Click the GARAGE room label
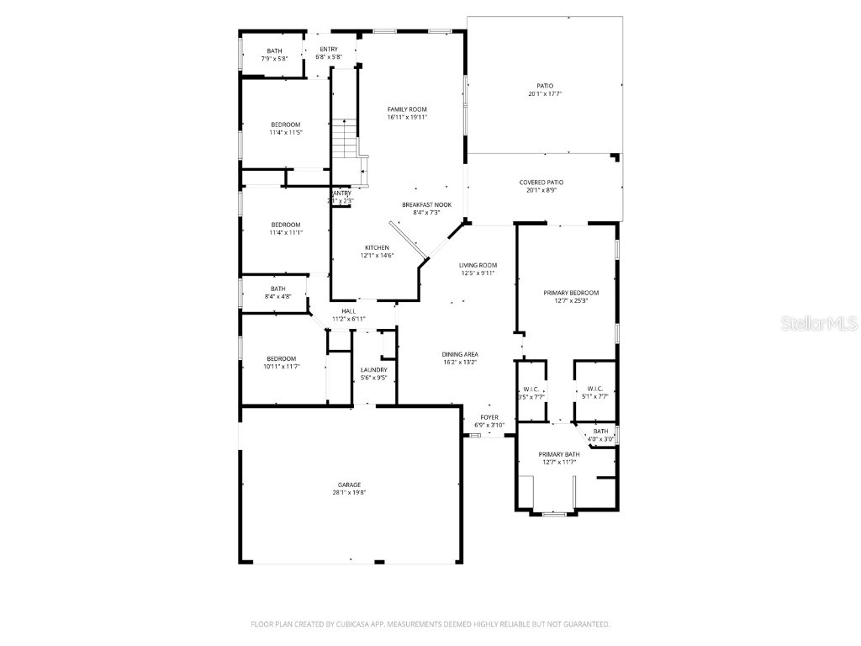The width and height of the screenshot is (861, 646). (x=350, y=484)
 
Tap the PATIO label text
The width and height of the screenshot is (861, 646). (x=545, y=85)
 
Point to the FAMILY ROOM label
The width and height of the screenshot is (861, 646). (x=407, y=109)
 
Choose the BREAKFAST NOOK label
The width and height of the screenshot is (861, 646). (x=426, y=204)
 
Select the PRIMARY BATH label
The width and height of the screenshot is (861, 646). (x=559, y=454)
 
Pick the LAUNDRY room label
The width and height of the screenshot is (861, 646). (x=373, y=370)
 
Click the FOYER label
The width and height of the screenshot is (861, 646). (x=489, y=417)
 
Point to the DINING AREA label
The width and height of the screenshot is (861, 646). (x=460, y=354)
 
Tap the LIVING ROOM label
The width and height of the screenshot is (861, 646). (x=478, y=265)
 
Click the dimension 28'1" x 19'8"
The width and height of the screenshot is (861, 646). (x=350, y=493)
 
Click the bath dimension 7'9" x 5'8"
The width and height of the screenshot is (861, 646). (x=275, y=59)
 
